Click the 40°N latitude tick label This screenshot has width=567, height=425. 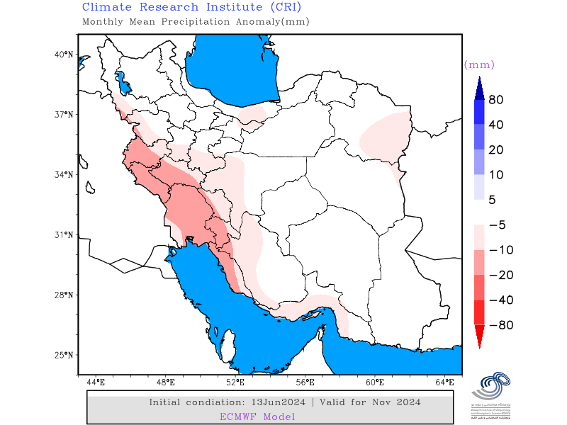click(64, 54)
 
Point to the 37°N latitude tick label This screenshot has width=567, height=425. click(64, 114)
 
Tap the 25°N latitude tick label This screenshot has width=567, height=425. click(64, 355)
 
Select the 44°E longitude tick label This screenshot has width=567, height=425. click(96, 382)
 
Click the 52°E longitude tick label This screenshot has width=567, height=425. click(235, 382)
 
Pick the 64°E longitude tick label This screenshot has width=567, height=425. click(445, 382)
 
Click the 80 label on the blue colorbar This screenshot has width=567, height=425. click(496, 100)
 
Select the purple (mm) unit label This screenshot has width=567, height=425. click(479, 64)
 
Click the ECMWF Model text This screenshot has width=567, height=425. click(257, 416)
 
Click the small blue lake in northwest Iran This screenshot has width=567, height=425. click(121, 81)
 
